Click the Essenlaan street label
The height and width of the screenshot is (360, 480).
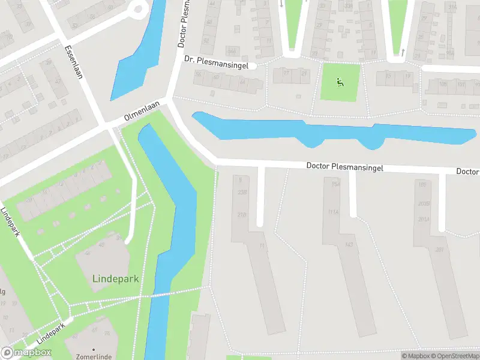tap(71, 58)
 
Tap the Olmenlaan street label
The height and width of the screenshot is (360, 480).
tap(144, 111)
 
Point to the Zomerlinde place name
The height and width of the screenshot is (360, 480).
tap(94, 356)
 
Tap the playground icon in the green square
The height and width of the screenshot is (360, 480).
tap(340, 82)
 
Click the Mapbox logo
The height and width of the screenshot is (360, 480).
tap(26, 353)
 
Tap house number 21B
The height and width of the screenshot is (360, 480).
tap(242, 215)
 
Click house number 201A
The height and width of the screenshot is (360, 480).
tap(424, 219)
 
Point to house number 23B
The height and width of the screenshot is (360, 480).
tap(242, 193)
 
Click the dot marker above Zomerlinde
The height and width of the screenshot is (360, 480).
tap(94, 349)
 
